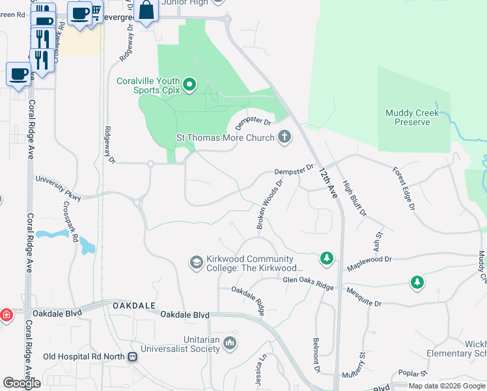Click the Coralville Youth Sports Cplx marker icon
[189, 84]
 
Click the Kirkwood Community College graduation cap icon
[196, 262]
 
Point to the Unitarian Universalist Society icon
[229, 343]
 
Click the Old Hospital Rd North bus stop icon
[133, 356]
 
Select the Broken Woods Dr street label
[270, 204]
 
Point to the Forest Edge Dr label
[404, 188]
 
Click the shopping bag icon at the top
[146, 10]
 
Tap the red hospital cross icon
[6, 315]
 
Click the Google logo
[21, 383]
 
